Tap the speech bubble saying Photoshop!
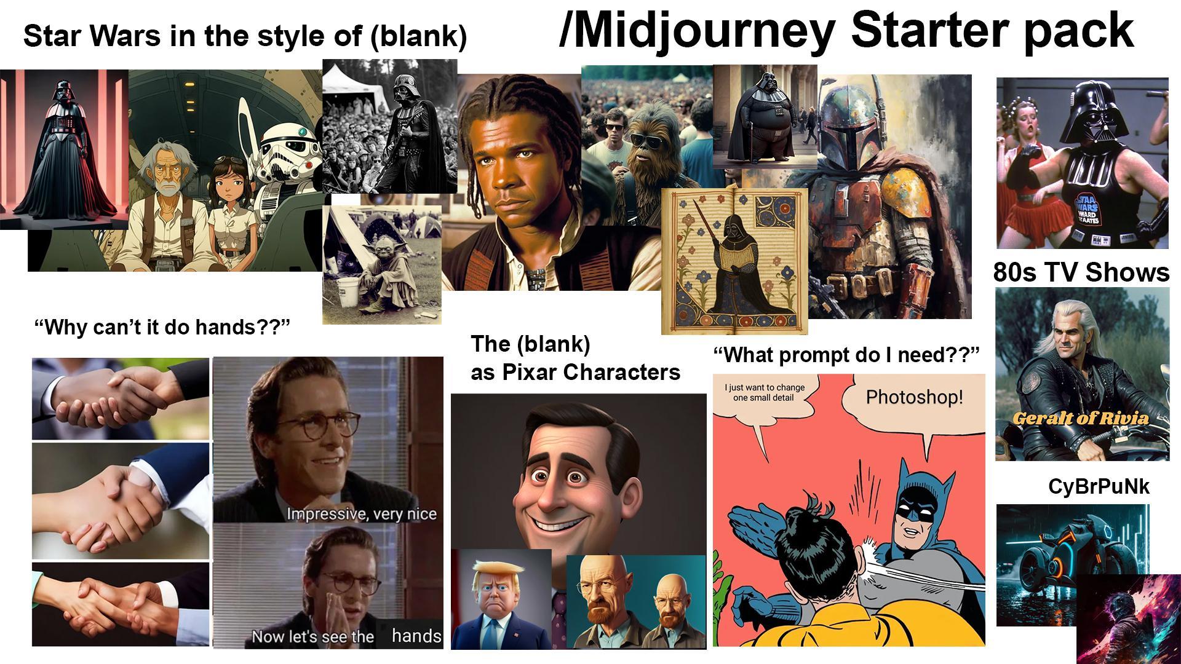click(914, 397)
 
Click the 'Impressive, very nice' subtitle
click(361, 513)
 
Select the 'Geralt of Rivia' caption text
click(1081, 419)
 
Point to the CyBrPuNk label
click(1098, 486)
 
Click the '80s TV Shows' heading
click(1081, 272)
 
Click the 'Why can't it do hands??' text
click(161, 326)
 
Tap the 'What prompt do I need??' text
click(846, 355)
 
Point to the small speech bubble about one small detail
click(764, 393)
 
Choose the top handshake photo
click(121, 398)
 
